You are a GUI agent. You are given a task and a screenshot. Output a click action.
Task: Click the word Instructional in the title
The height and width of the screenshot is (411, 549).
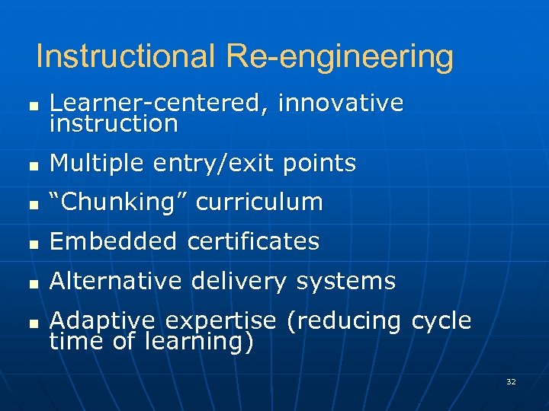point(126,56)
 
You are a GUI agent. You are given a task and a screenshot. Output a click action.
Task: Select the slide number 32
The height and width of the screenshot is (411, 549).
point(511,381)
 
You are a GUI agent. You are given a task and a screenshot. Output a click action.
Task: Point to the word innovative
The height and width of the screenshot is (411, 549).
point(341,104)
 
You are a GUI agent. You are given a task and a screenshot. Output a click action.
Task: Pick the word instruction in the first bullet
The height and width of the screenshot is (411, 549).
point(114,123)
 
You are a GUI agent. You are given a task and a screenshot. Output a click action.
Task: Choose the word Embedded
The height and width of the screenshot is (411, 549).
point(114,242)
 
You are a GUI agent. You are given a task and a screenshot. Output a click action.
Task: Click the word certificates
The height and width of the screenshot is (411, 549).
point(253,242)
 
